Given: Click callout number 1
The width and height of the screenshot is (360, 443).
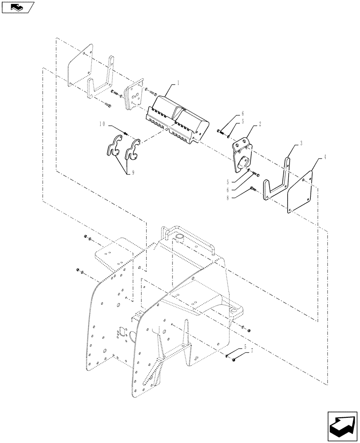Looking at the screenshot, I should coord(178,83).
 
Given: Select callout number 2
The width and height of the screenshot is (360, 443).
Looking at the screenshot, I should coord(260,124).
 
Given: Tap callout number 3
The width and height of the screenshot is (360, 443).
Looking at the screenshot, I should coord(301,143).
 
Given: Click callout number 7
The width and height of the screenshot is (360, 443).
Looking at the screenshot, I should coord(252,350).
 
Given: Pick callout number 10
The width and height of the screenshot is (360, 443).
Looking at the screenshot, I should coord(102,126).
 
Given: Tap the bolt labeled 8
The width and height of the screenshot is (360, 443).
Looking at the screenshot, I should coord(253,189).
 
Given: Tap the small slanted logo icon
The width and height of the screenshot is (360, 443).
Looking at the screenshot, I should coord(18,8).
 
